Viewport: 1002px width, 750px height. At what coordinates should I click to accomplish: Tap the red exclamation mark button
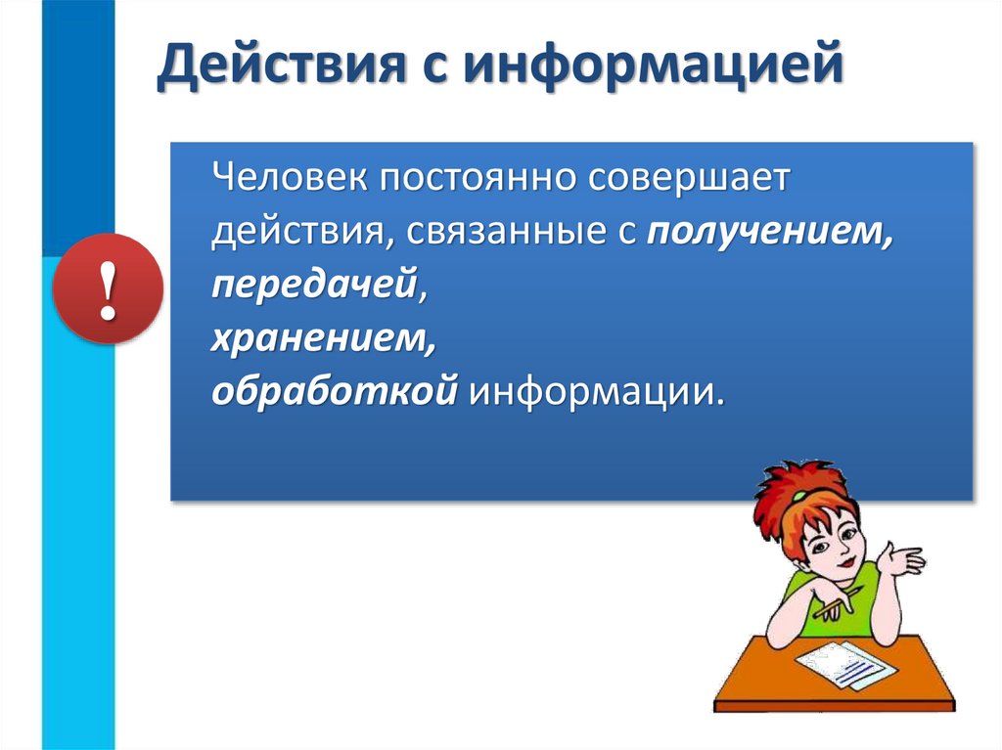(108, 288)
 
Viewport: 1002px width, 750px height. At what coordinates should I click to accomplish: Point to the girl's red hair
(797, 494)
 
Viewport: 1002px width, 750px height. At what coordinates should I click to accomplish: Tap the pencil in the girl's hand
(838, 601)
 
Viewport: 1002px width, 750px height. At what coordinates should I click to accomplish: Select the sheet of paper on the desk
(843, 665)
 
